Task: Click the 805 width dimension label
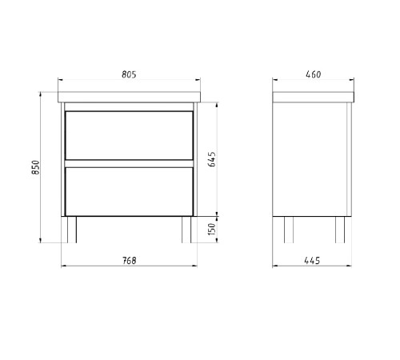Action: (x=129, y=74)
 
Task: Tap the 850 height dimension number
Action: (x=35, y=167)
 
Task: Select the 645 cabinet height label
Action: (x=212, y=159)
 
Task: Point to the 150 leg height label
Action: (x=211, y=230)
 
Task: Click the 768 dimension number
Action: (x=130, y=261)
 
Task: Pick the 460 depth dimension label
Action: (x=314, y=74)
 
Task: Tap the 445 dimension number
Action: (x=312, y=261)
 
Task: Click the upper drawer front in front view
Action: (x=129, y=136)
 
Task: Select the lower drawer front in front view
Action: (x=129, y=191)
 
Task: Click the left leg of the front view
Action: (x=72, y=230)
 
